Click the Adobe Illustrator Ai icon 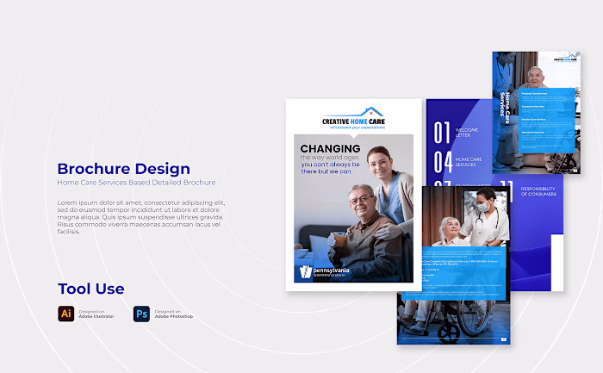click(x=65, y=314)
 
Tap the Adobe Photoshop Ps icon click(x=141, y=314)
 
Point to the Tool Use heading click(x=91, y=289)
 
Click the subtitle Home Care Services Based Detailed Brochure click(x=136, y=183)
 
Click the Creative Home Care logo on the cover click(x=354, y=118)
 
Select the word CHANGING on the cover click(x=330, y=149)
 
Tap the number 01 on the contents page click(x=442, y=133)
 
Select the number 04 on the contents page click(x=442, y=162)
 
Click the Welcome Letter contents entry click(x=466, y=133)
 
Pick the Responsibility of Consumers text click(x=541, y=191)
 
